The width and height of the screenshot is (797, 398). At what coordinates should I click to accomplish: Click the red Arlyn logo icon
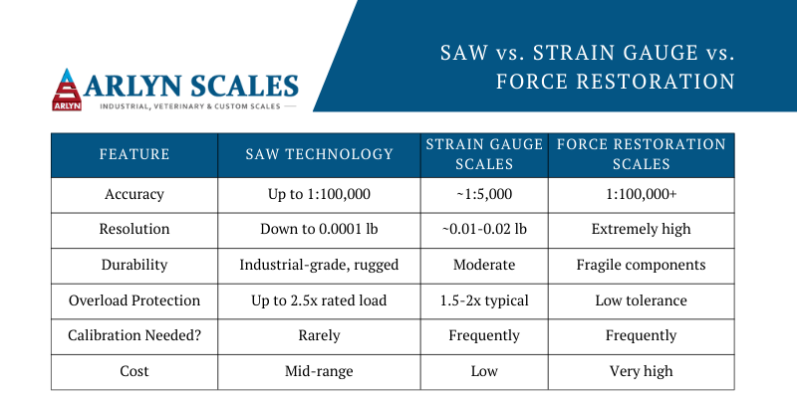(x=67, y=90)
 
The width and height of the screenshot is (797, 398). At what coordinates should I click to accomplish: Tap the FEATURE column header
(x=134, y=154)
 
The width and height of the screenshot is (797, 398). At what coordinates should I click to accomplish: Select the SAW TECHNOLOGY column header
(x=319, y=154)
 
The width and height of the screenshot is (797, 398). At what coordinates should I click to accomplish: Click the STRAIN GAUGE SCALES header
(x=484, y=154)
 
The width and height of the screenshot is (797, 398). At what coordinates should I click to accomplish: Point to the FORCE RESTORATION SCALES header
(x=641, y=154)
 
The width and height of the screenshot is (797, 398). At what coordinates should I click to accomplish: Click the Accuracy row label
(x=134, y=194)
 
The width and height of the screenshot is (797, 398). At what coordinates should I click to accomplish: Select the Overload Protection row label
(x=134, y=300)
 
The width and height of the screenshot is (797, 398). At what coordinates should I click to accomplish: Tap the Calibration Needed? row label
(x=134, y=335)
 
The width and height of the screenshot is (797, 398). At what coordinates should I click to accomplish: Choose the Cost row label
(x=134, y=370)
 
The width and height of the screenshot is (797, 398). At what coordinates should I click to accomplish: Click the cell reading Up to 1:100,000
(x=319, y=194)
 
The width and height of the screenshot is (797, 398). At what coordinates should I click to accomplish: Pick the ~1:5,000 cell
(x=484, y=194)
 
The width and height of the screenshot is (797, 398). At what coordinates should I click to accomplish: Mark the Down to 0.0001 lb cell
(x=319, y=230)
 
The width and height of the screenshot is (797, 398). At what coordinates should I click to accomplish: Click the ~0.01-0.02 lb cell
(x=484, y=230)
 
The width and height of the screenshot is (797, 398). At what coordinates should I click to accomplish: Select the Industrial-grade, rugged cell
(x=319, y=265)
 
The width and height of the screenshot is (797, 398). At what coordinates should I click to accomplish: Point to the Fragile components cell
(x=641, y=265)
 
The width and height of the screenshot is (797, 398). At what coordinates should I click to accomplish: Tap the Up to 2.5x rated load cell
(x=319, y=300)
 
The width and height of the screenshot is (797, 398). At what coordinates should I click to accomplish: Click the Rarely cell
(x=319, y=335)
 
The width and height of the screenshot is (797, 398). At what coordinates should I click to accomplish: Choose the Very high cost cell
(x=641, y=371)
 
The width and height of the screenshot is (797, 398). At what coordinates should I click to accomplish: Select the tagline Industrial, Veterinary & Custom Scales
(x=190, y=106)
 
